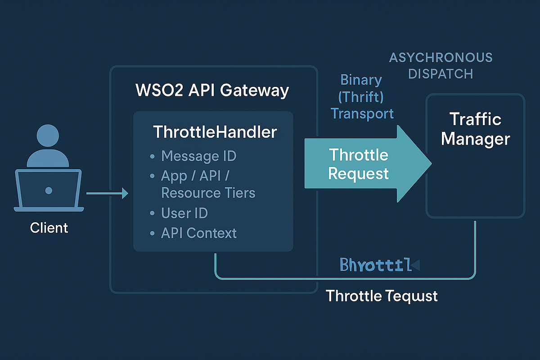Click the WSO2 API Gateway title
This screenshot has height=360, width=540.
pyautogui.click(x=212, y=90)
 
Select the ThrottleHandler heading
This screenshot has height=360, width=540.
pyautogui.click(x=215, y=132)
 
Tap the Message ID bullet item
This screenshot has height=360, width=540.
pyautogui.click(x=198, y=156)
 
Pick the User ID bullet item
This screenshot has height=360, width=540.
pyautogui.click(x=184, y=213)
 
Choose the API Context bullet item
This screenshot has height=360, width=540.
pyautogui.click(x=198, y=233)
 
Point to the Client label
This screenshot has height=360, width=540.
pyautogui.click(x=49, y=228)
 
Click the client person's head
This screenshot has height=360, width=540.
pyautogui.click(x=48, y=137)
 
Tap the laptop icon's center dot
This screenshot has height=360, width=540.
pyautogui.click(x=49, y=191)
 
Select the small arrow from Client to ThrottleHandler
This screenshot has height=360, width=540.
pyautogui.click(x=107, y=193)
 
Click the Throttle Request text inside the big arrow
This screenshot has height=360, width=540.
pyautogui.click(x=359, y=164)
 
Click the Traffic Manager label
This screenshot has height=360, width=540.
pyautogui.click(x=475, y=129)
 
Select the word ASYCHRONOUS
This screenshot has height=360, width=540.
pyautogui.click(x=441, y=58)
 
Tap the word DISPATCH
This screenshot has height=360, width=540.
pyautogui.click(x=441, y=74)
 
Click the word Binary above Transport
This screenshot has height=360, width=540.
pyautogui.click(x=361, y=80)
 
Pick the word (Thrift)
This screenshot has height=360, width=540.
pyautogui.click(x=362, y=97)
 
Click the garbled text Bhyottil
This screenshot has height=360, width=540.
pyautogui.click(x=376, y=265)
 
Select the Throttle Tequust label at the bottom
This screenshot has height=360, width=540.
pyautogui.click(x=382, y=296)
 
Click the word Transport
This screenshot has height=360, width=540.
pyautogui.click(x=362, y=113)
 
